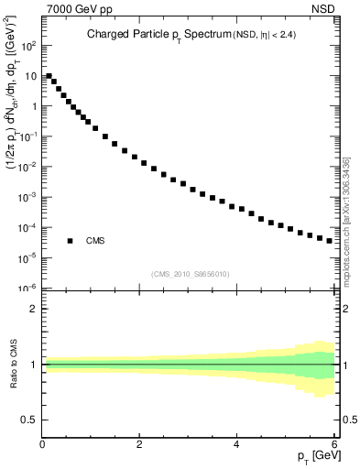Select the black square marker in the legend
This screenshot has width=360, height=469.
click(x=70, y=241)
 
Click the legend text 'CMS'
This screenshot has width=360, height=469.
click(x=95, y=241)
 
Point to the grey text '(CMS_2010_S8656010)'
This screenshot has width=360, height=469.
click(x=191, y=274)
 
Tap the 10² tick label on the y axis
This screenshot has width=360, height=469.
click(x=27, y=45)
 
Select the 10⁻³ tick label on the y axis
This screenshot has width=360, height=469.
click(x=27, y=197)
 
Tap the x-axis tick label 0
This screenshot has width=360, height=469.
click(x=43, y=445)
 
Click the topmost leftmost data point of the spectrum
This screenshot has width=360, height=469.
click(x=49, y=76)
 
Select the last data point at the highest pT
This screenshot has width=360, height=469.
click(x=330, y=240)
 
